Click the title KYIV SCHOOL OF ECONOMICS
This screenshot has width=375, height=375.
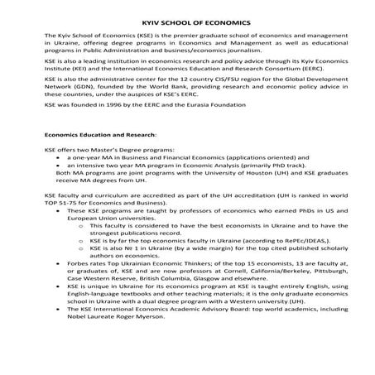point(187,23)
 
